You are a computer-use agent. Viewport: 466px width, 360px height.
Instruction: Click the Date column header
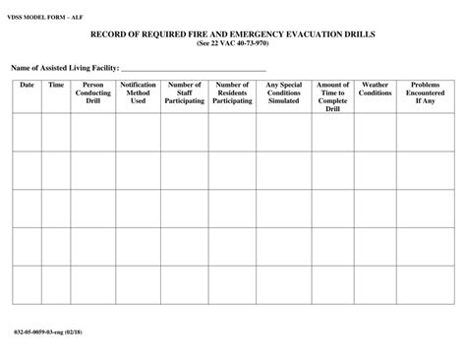27,86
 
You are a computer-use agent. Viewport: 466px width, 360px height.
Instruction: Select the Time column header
56,86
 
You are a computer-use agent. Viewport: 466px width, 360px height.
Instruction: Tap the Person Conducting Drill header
93,92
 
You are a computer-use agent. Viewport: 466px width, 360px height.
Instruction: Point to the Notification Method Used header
139,92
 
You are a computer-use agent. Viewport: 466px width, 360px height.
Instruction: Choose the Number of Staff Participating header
185,92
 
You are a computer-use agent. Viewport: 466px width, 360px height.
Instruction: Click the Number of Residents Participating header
232,92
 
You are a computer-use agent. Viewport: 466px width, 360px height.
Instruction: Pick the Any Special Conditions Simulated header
285,92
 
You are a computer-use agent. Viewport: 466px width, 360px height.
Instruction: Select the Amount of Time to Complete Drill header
333,96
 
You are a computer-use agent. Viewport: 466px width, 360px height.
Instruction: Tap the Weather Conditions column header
376,89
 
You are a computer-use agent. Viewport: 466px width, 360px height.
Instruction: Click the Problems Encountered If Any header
424,92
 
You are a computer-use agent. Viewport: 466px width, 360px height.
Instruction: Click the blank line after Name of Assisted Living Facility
193,68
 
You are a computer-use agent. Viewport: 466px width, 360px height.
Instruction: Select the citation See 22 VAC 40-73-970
233,43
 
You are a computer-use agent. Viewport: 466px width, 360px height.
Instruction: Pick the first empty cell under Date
27,133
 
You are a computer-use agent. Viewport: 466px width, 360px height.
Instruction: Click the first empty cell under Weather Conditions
376,133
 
